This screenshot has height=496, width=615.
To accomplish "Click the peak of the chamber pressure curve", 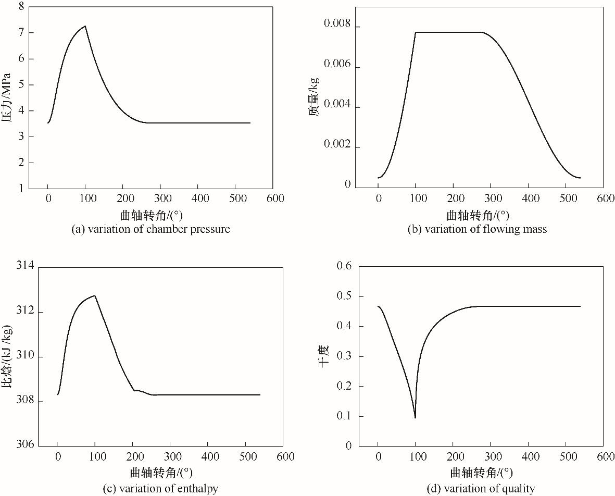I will click(85, 26).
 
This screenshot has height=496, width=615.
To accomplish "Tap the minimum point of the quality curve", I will click(415, 417).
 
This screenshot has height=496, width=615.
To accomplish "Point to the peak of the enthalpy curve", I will click(95, 295).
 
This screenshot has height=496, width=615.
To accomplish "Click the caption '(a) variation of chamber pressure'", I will click(150, 229).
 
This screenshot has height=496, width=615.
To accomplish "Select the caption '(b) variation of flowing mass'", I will click(477, 229).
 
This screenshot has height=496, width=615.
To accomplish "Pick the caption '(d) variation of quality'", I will click(478, 488).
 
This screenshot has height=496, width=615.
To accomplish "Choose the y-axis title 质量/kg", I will click(313, 97).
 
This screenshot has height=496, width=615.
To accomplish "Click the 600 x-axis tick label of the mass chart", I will click(605, 199).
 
